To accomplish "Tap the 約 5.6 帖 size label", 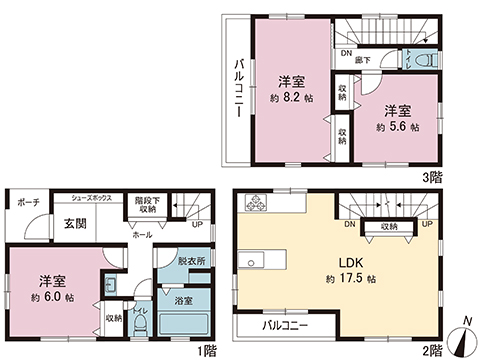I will (397, 128).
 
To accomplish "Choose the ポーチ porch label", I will (27, 203).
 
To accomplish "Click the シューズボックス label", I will (91, 200).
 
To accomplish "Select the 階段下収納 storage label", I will (146, 204).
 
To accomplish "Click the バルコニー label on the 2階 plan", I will (285, 327).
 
